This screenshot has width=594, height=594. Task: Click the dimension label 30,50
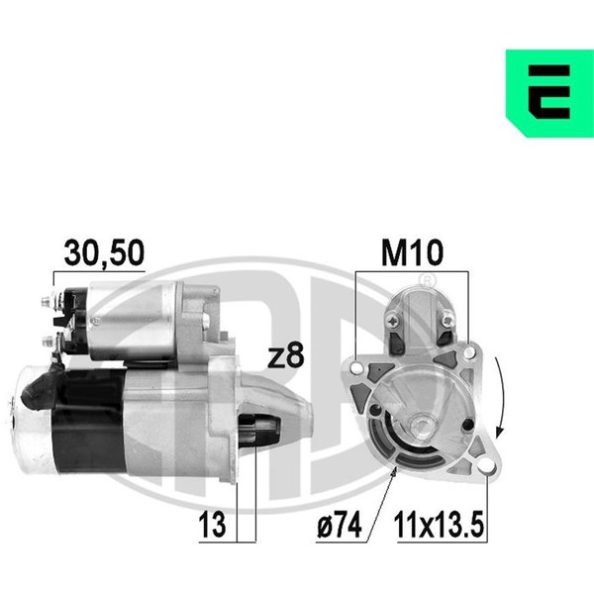click(104, 252)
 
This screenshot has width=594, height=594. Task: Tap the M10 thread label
click(412, 252)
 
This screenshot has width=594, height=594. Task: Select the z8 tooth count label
click(286, 356)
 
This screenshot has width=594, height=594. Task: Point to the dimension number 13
click(212, 525)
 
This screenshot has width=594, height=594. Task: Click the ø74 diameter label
click(339, 525)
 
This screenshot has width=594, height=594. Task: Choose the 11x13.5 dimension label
click(439, 525)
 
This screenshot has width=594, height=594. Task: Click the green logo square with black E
click(549, 93)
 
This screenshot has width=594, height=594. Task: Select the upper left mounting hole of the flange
click(356, 367)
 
